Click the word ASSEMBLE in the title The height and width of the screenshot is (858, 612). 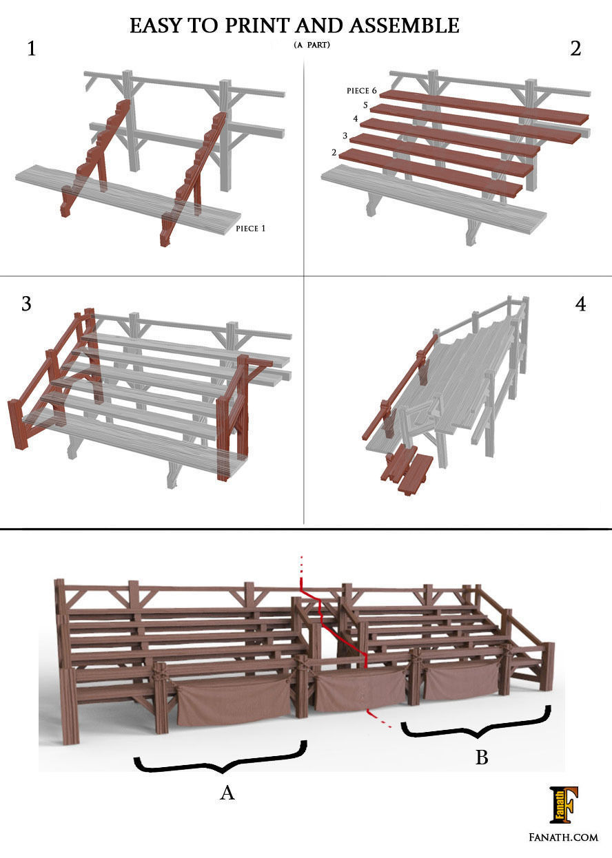[x=404, y=25]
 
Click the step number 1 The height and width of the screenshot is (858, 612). [x=31, y=49]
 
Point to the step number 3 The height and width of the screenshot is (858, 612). [x=26, y=304]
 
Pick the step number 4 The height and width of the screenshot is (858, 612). [x=580, y=304]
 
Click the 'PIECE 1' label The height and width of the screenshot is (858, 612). [x=250, y=229]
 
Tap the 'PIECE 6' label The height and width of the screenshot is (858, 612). [x=362, y=91]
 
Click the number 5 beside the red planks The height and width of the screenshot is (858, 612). [x=365, y=105]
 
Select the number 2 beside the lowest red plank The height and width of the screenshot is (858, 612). [x=334, y=152]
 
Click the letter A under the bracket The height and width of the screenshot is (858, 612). [x=227, y=793]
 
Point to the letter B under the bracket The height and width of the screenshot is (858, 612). [x=482, y=758]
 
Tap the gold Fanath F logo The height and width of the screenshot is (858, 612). [x=563, y=804]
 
